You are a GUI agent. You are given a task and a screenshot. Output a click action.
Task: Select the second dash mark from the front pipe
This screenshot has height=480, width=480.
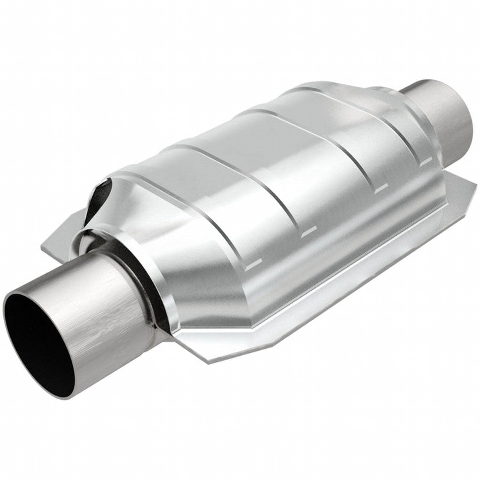309,231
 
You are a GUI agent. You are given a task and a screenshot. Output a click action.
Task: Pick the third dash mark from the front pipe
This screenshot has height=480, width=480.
382,188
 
